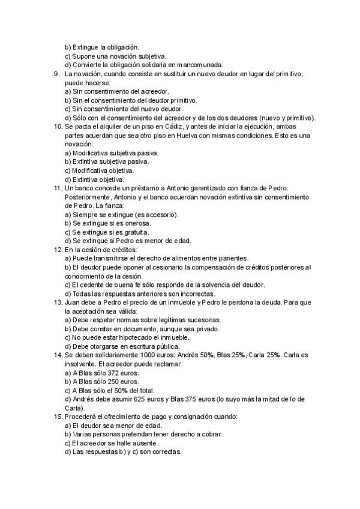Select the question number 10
pyautogui.click(x=57, y=127)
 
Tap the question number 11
pyautogui.click(x=57, y=188)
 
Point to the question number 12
pyautogui.click(x=57, y=250)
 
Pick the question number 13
pyautogui.click(x=57, y=303)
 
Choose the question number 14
pyautogui.click(x=57, y=355)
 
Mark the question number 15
pyautogui.click(x=57, y=417)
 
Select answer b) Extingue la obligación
pyautogui.click(x=101, y=47)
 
